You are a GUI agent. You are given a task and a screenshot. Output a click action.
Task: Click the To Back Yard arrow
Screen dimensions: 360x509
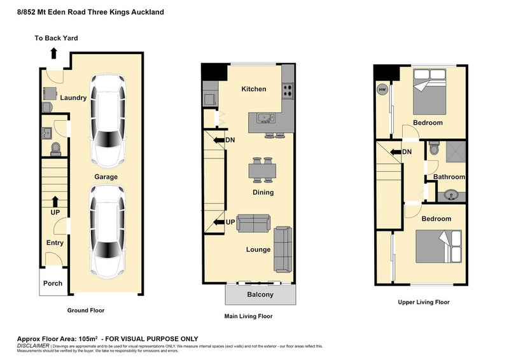click(x=53, y=53)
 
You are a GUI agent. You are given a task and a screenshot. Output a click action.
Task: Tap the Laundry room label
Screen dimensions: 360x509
click(x=73, y=98)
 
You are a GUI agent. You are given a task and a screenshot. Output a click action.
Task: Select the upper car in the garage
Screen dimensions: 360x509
click(x=107, y=119)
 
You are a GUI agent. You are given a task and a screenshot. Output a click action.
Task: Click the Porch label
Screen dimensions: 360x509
click(x=53, y=283)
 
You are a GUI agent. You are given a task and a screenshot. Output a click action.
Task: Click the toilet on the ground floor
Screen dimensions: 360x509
click(x=55, y=148)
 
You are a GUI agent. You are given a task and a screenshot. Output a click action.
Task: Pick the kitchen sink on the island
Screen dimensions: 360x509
click(x=265, y=118)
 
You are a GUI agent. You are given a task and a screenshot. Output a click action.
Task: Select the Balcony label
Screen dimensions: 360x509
click(x=260, y=294)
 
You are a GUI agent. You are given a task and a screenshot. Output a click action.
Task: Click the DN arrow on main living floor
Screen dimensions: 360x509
click(x=219, y=140)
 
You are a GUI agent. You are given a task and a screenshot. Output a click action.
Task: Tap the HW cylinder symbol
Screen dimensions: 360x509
click(x=382, y=90)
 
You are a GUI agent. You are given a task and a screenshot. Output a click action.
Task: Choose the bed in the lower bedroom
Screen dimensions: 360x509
click(x=438, y=246)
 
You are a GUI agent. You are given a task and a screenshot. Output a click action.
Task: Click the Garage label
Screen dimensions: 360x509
click(x=106, y=177)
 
